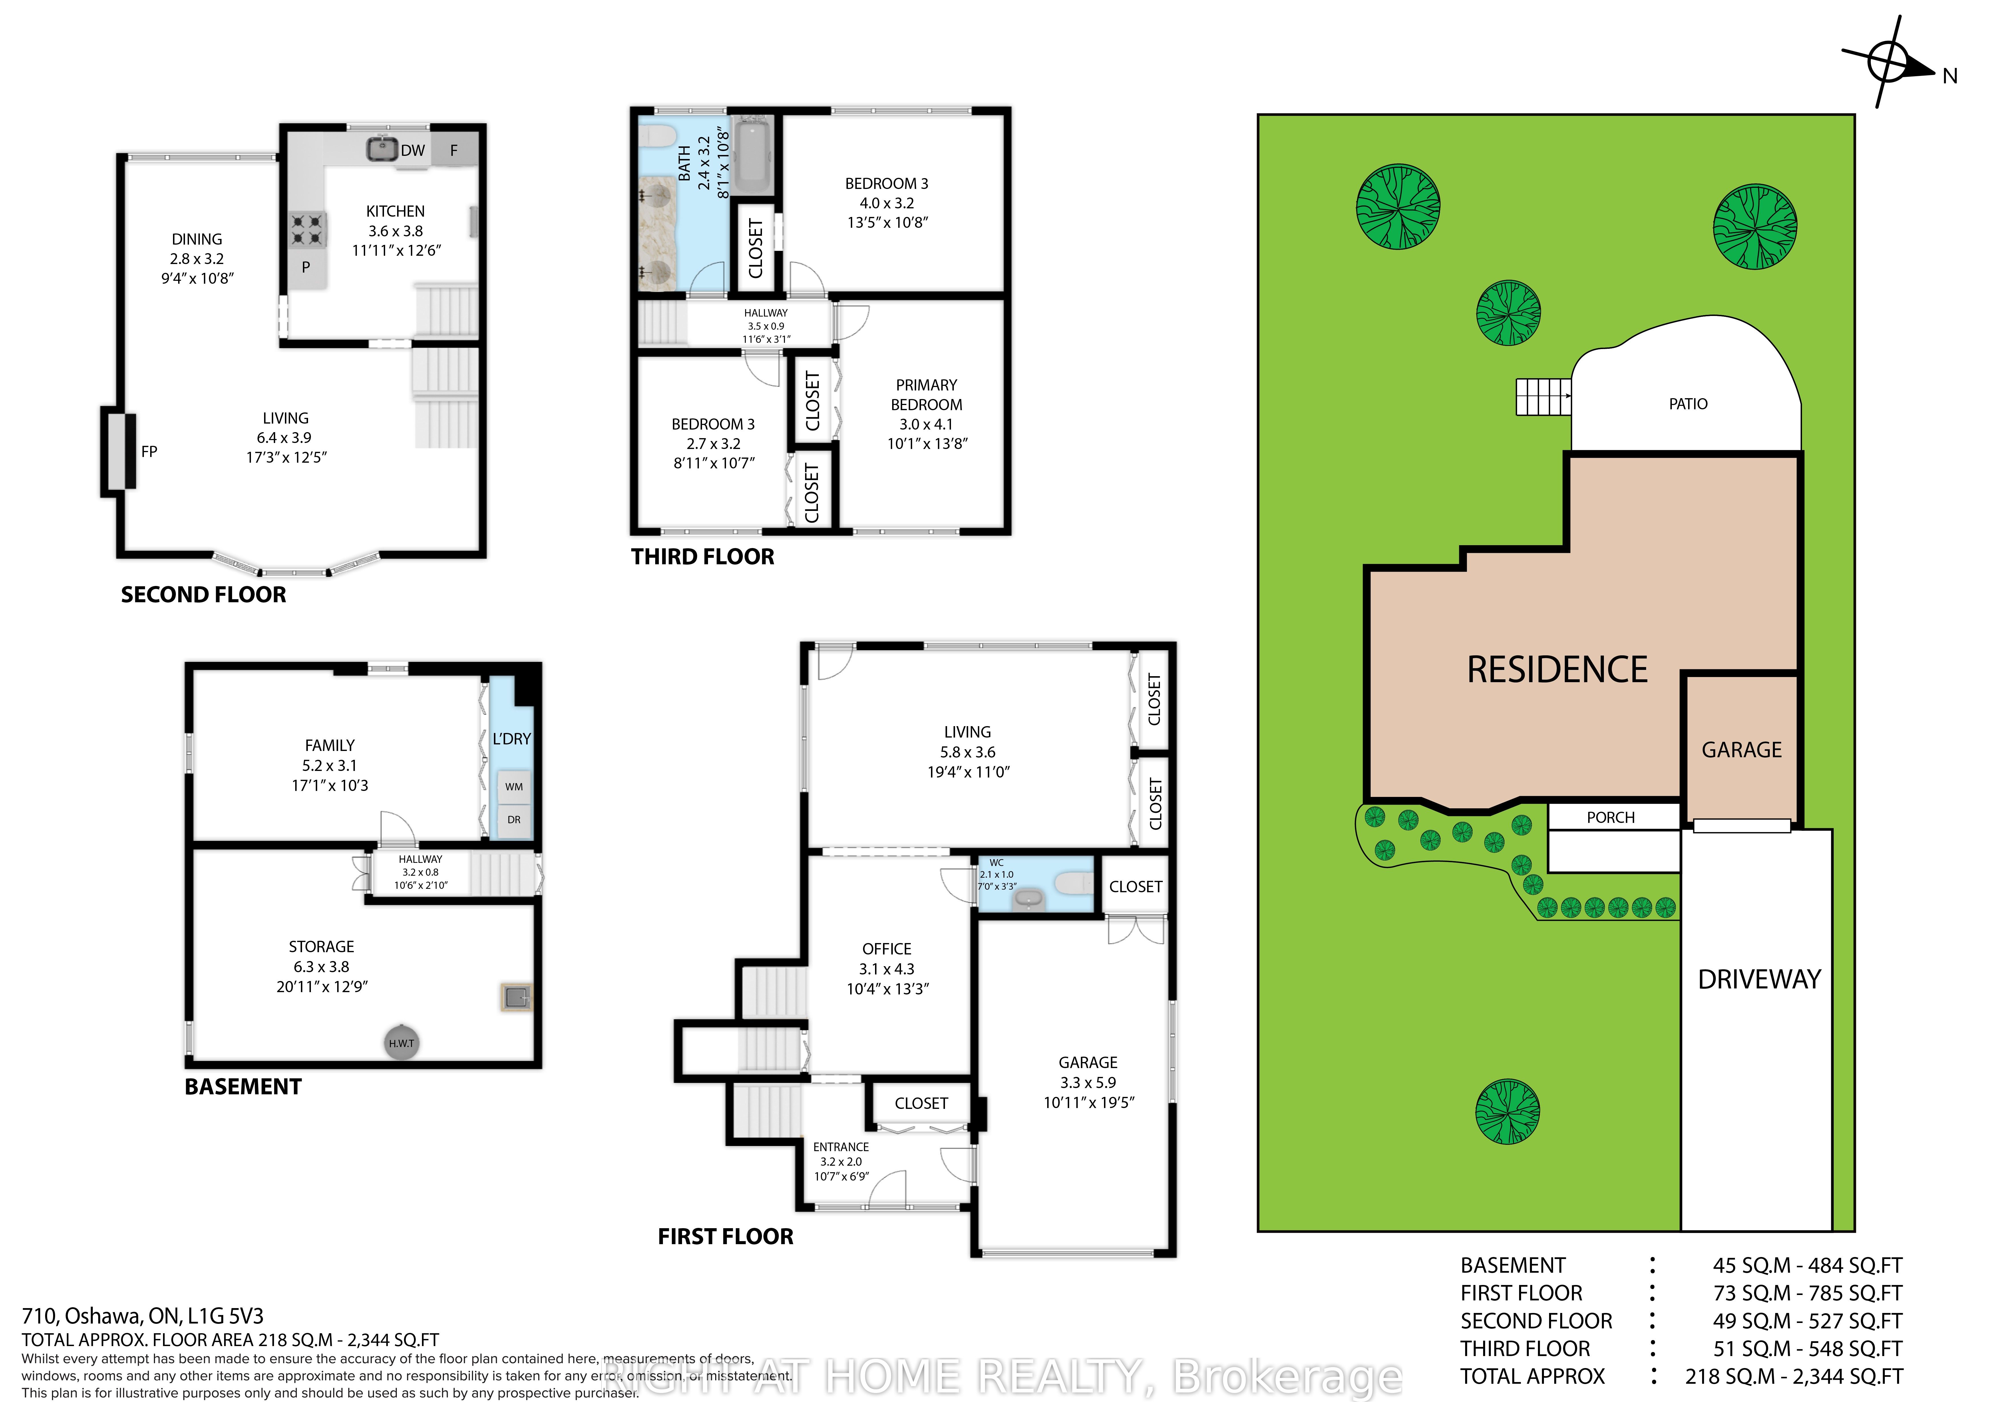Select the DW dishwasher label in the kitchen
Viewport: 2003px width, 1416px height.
tap(413, 150)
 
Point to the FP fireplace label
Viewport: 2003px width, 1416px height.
tap(149, 451)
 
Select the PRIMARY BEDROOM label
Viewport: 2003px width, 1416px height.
tap(926, 394)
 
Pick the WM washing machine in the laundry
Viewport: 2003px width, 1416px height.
tap(514, 786)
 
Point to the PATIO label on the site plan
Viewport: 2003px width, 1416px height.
tap(1688, 404)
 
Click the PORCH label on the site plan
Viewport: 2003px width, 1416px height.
tap(1610, 817)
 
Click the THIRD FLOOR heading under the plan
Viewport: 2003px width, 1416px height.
tap(702, 557)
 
